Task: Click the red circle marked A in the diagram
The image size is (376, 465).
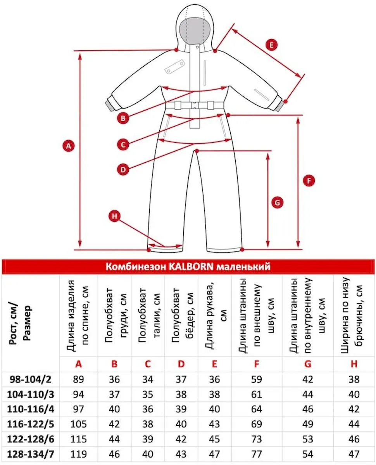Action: pyautogui.click(x=69, y=146)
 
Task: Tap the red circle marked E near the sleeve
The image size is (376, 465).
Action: pyautogui.click(x=271, y=45)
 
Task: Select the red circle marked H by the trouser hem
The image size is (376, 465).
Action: pyautogui.click(x=114, y=216)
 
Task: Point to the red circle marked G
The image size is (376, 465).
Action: pyautogui.click(x=277, y=202)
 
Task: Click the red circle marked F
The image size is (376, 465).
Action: pyautogui.click(x=309, y=180)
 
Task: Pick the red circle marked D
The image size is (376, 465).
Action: pyautogui.click(x=123, y=169)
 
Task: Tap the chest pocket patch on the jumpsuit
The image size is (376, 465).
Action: pyautogui.click(x=174, y=66)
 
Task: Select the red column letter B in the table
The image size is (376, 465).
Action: pyautogui.click(x=114, y=364)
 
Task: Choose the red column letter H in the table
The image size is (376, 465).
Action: pyautogui.click(x=354, y=364)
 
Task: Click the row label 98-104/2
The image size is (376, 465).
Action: pyautogui.click(x=31, y=379)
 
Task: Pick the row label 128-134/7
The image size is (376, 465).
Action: pyautogui.click(x=31, y=454)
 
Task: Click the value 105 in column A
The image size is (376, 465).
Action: pyautogui.click(x=79, y=424)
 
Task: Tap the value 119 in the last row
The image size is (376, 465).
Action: pyautogui.click(x=79, y=454)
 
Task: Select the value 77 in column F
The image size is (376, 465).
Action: pyautogui.click(x=257, y=454)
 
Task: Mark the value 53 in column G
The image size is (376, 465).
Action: pyautogui.click(x=308, y=439)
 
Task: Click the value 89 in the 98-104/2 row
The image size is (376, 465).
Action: pyautogui.click(x=79, y=379)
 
